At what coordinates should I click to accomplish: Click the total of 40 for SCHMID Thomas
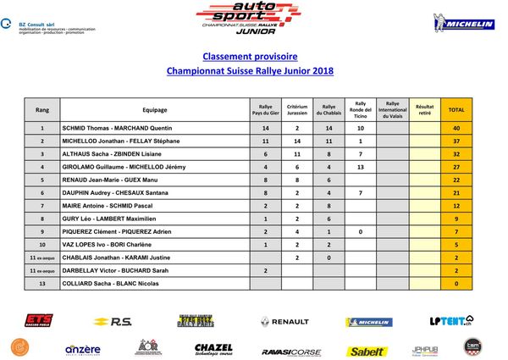pos(456,128)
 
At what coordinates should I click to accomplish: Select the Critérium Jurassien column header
pos(296,110)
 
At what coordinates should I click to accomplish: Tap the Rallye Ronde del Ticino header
pos(360,110)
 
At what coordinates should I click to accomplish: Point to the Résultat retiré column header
pos(424,110)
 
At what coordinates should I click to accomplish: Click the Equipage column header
pos(155,110)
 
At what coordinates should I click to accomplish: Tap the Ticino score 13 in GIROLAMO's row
pos(360,167)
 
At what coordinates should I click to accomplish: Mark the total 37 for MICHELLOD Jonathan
pos(456,141)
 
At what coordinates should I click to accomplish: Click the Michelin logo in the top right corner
pos(463,23)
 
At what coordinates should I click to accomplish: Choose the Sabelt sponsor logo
pos(367,349)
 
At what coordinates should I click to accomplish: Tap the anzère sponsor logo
pos(83,348)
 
